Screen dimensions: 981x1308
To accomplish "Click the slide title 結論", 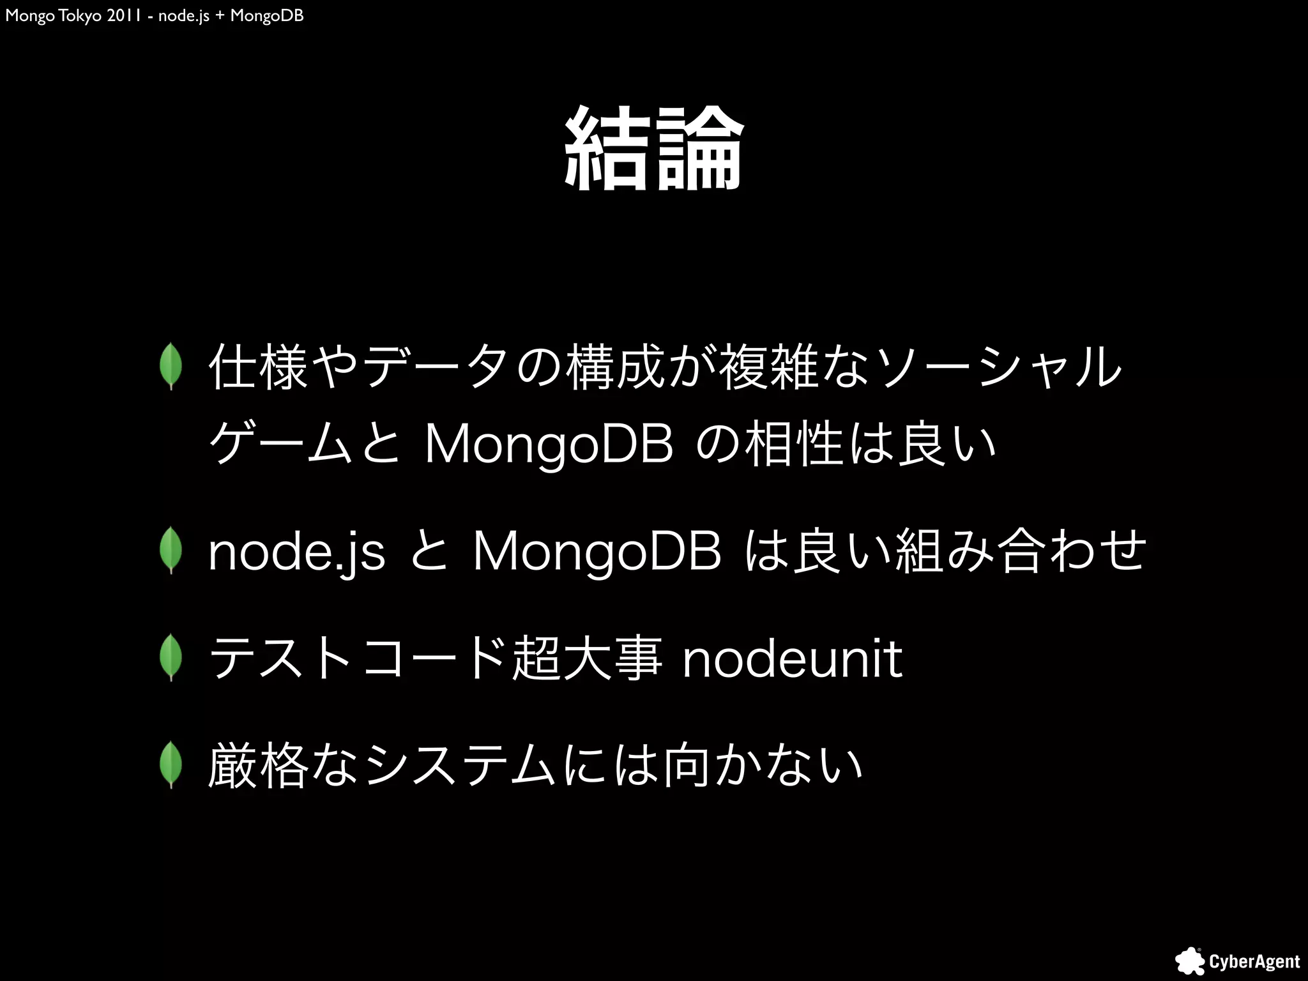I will (653, 148).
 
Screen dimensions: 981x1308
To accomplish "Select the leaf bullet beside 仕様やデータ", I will (171, 367).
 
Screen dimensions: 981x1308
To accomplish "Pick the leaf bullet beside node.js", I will (171, 551).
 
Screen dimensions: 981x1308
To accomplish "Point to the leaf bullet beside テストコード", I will (171, 658).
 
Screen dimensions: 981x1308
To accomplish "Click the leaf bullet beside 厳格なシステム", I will (171, 765).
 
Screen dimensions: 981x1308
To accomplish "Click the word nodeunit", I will (792, 659).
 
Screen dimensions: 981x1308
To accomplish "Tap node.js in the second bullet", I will (297, 552).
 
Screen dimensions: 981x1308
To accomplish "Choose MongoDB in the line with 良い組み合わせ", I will (597, 552).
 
